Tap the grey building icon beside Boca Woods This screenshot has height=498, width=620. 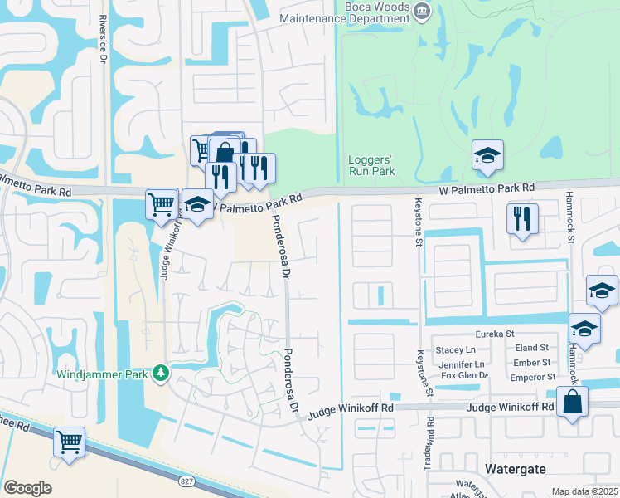pyautogui.click(x=422, y=11)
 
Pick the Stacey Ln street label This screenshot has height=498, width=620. pyautogui.click(x=466, y=350)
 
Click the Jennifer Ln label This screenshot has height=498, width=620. pyautogui.click(x=463, y=364)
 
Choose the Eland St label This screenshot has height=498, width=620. pyautogui.click(x=531, y=348)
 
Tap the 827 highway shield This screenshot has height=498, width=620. pyautogui.click(x=186, y=481)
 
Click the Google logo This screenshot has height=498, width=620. pyautogui.click(x=27, y=487)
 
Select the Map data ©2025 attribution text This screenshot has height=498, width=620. pyautogui.click(x=584, y=491)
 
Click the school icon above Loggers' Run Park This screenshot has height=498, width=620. pyautogui.click(x=488, y=156)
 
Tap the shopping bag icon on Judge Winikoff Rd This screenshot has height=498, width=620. pyautogui.click(x=573, y=404)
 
